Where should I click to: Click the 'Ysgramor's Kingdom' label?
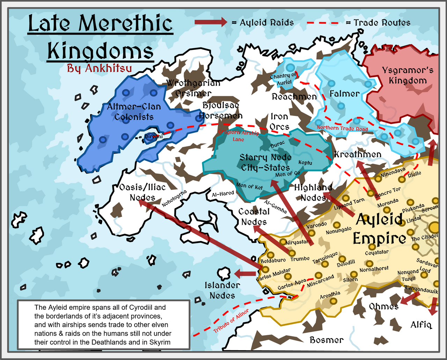(408, 75)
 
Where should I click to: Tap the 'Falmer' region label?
(344, 94)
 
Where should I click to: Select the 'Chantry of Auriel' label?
(284, 79)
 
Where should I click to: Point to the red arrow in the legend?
(211, 22)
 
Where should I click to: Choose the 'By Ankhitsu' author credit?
(100, 68)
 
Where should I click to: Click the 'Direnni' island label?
(154, 137)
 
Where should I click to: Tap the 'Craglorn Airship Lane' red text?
(239, 136)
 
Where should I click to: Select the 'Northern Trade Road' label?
(342, 128)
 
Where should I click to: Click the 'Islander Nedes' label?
(222, 290)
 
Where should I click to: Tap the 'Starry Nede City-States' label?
(265, 162)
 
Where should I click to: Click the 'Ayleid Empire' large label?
(380, 229)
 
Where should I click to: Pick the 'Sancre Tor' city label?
(388, 192)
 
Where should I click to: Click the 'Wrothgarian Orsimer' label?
(193, 88)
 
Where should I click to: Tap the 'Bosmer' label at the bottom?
(327, 340)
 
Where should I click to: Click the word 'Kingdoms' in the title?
(100, 51)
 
